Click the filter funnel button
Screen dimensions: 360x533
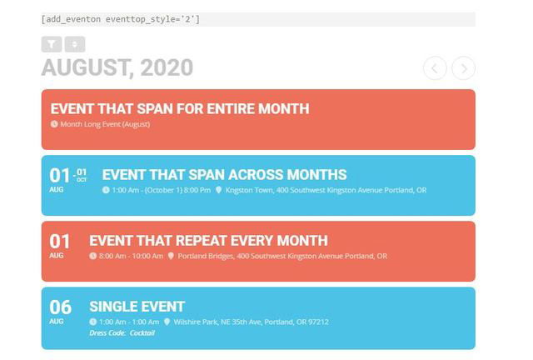coord(52,44)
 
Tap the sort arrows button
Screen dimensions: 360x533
coord(74,44)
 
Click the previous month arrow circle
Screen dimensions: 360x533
coord(435,68)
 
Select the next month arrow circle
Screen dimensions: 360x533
coord(464,68)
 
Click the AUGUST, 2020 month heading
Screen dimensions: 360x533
coord(117,68)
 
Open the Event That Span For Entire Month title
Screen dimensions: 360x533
coord(179,108)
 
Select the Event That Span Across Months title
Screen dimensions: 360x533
coord(224,174)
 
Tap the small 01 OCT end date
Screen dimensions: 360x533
coord(82,175)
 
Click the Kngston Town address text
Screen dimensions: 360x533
coord(326,190)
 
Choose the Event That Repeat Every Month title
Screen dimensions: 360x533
coord(208,240)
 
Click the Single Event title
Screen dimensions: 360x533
coord(137,306)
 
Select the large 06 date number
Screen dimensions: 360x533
coord(60,307)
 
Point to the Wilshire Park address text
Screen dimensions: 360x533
coord(251,322)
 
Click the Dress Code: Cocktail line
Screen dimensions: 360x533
coord(122,333)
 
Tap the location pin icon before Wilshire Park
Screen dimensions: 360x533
coord(167,322)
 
